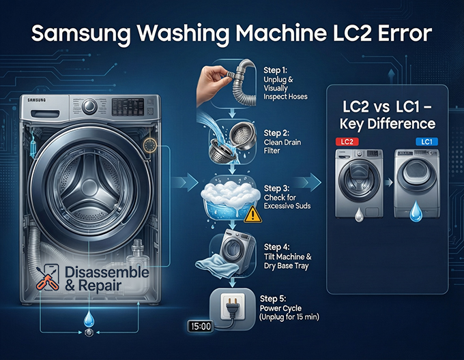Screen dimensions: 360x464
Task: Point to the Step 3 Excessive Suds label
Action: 284,198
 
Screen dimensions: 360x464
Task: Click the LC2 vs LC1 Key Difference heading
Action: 388,115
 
